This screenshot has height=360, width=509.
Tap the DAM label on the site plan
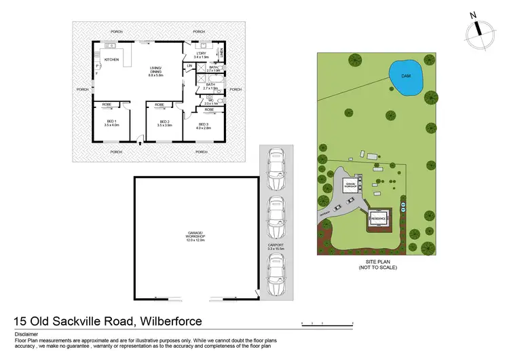tap(406, 75)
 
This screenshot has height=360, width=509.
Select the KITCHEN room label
tap(112, 60)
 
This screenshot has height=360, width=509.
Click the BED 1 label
tap(111, 124)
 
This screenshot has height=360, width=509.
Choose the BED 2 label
tap(165, 124)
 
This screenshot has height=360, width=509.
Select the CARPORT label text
tap(276, 245)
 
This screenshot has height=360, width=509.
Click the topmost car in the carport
tap(276, 169)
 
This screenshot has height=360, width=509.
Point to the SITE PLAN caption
tap(378, 263)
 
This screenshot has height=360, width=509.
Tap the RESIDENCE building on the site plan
tap(378, 219)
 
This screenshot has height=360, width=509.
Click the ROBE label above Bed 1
tap(107, 105)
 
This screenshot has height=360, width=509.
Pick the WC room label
tap(210, 101)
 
